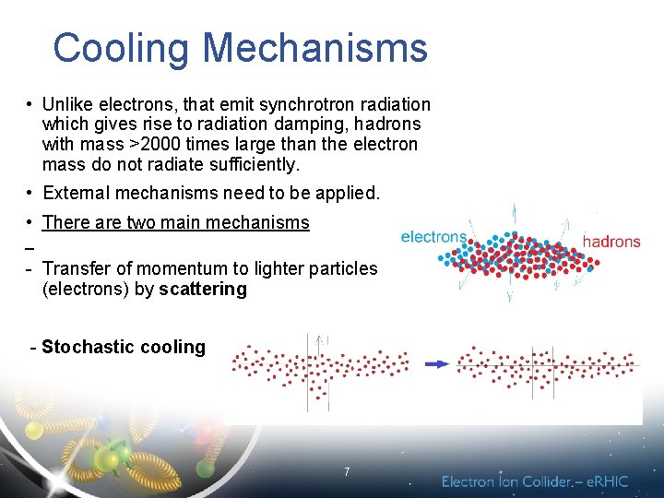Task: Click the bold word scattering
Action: tap(202, 290)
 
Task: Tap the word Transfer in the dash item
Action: tap(77, 268)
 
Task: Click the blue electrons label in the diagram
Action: tap(433, 237)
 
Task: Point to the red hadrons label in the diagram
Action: tap(611, 242)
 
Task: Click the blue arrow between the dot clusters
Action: tap(436, 364)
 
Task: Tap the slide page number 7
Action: tap(346, 472)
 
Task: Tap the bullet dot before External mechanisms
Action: tap(30, 193)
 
